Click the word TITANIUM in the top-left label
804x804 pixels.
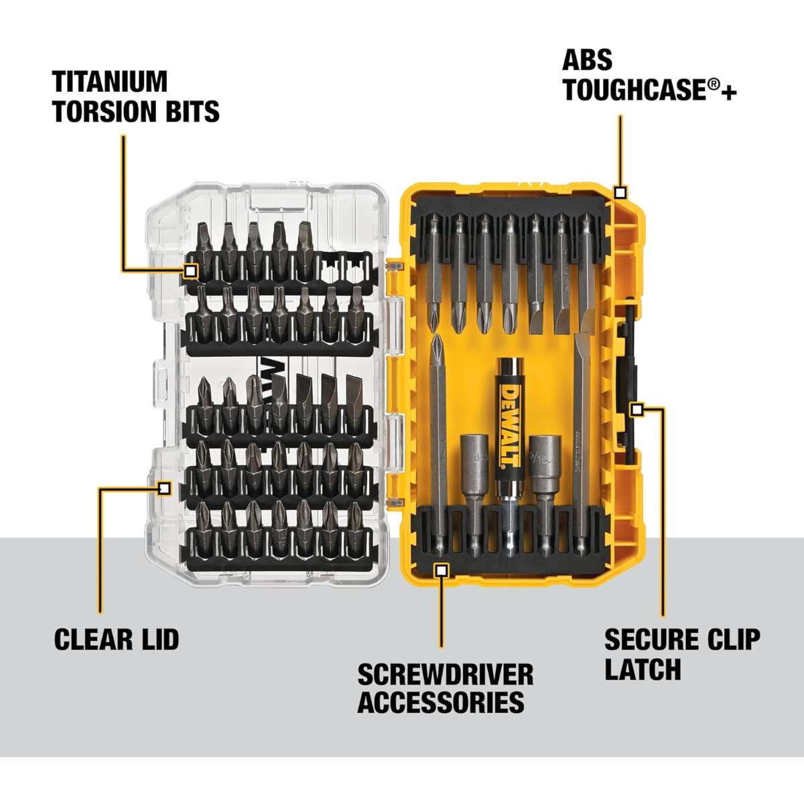point(110,82)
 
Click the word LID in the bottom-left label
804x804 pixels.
point(159,639)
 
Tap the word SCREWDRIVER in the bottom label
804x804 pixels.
point(446,674)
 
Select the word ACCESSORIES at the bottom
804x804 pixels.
point(441,702)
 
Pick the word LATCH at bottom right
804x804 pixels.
point(643,669)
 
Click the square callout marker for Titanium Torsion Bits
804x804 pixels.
point(191,271)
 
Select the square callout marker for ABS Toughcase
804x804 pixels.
point(620,193)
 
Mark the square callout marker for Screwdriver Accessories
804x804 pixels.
point(441,569)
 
